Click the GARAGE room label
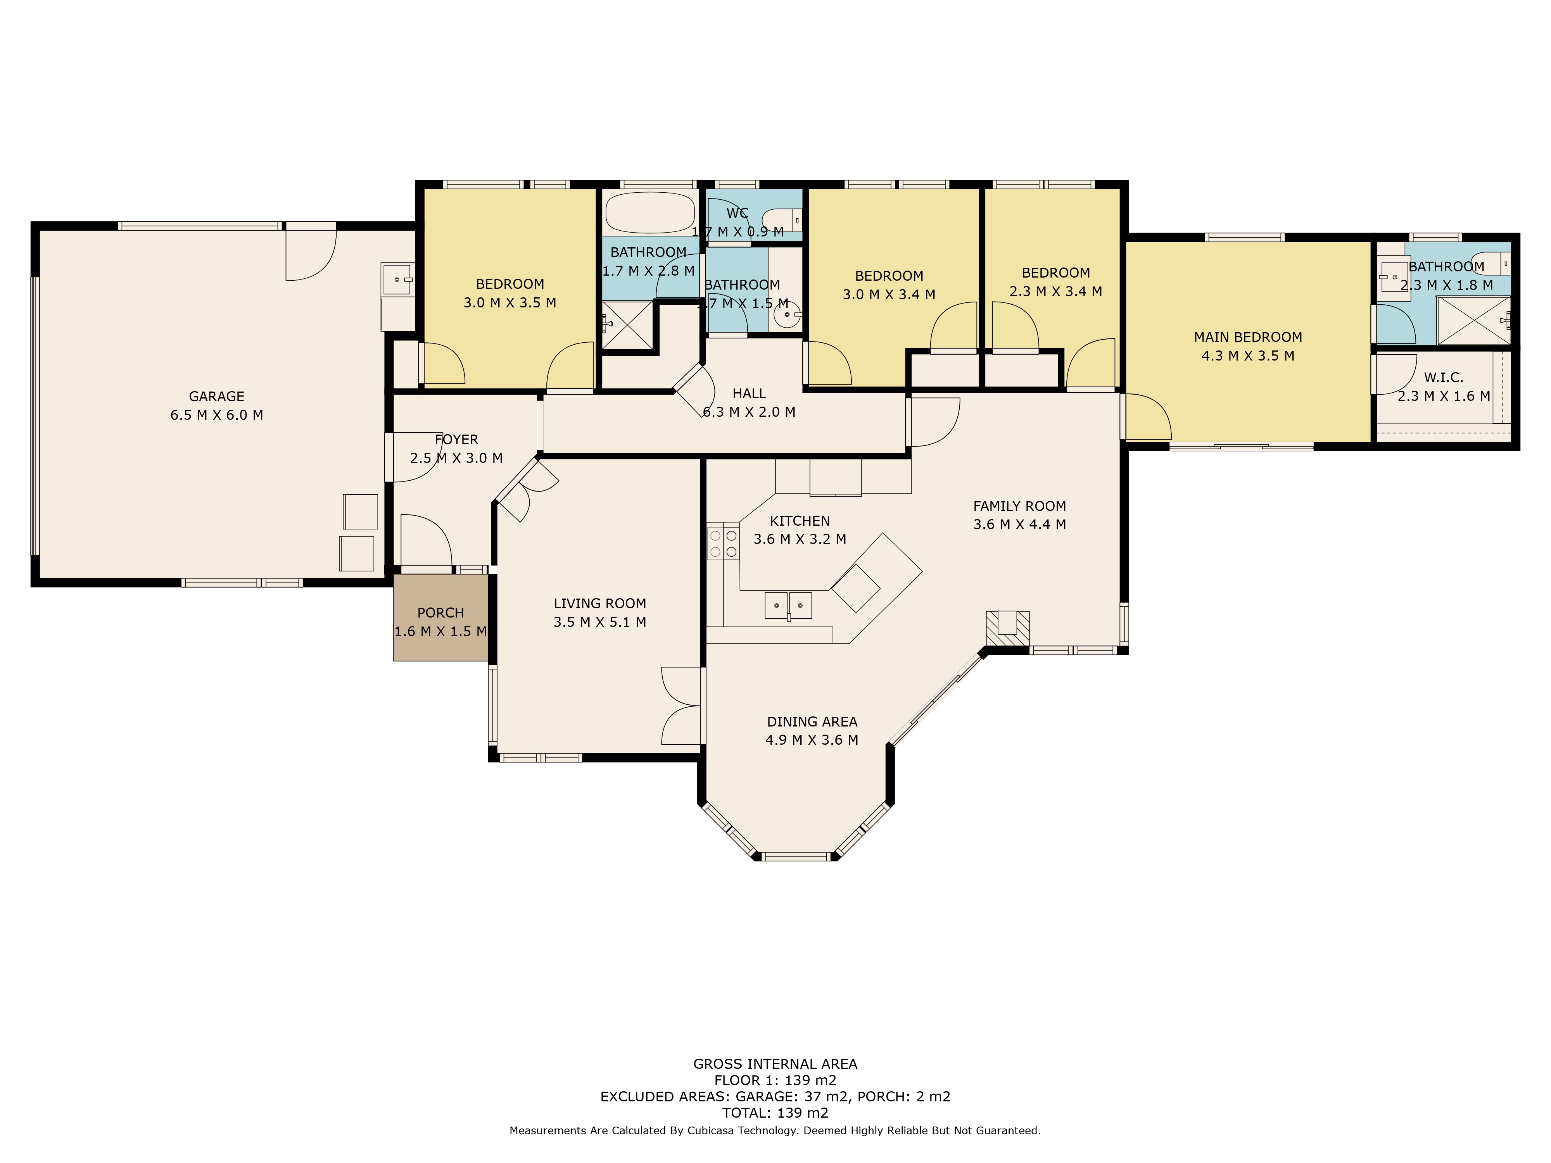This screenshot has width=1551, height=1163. pos(217,396)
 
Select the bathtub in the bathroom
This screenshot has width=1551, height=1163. pos(650,212)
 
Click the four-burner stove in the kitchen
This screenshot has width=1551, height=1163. pos(723,543)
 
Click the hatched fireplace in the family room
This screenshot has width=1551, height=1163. pos(1008,627)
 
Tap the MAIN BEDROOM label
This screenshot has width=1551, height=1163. pos(1248,337)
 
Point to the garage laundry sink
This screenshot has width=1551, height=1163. pos(397,279)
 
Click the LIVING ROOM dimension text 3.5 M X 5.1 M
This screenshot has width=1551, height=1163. pos(599,622)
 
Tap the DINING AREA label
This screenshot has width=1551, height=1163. pos(812,721)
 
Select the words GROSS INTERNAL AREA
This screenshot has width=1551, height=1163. pos(775,1064)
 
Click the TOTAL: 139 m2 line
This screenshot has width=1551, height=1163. pos(775,1113)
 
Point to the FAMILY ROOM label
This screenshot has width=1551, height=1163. pos(1019,506)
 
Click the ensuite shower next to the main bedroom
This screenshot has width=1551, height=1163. pos(1473,320)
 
